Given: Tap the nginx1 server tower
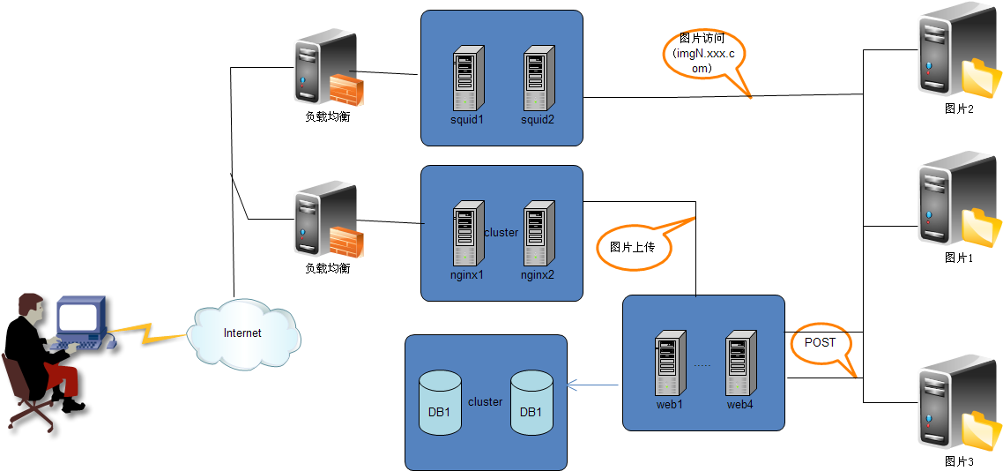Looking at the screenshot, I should tap(468, 234).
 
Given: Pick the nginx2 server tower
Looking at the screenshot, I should tap(539, 234).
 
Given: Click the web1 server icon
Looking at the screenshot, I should tap(671, 363).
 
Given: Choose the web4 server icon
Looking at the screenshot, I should tap(741, 363).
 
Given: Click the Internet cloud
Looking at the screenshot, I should tap(244, 333).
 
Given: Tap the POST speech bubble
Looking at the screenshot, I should tap(821, 344).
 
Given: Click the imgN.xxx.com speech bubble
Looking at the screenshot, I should tap(704, 55).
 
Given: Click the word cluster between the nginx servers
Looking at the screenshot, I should tap(501, 233).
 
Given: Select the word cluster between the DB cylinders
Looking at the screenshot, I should tap(485, 402).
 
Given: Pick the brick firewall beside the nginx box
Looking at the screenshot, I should tap(345, 241).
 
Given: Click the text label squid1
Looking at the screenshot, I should tap(467, 120).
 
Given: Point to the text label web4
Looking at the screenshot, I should tap(741, 405).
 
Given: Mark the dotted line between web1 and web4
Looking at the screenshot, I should tap(702, 364).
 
